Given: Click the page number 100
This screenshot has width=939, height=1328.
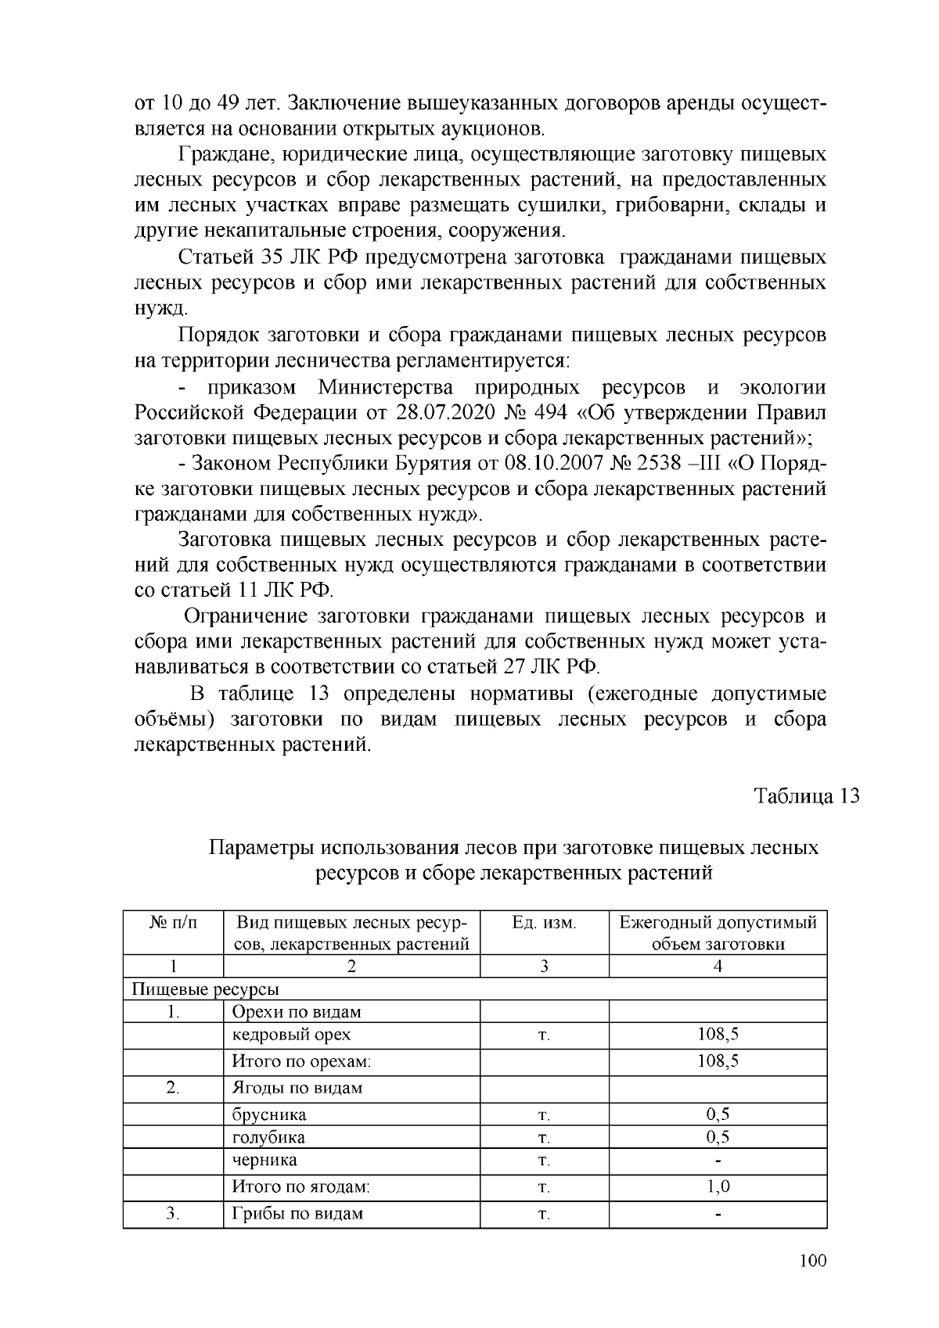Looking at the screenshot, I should (814, 1260).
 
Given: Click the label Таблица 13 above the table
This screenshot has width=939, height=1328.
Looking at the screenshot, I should (806, 796).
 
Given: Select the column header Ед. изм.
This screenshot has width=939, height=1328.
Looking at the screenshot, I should (544, 923).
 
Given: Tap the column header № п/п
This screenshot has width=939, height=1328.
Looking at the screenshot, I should (173, 923).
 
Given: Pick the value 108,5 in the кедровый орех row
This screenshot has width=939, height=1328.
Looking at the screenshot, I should (718, 1034).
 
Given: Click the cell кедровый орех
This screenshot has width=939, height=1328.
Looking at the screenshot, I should (292, 1034).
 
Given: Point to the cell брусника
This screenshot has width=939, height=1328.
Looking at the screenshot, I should (269, 1114).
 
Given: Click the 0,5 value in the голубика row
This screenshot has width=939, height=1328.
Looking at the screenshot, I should (718, 1137).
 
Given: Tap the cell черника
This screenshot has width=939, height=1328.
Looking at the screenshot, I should (264, 1160).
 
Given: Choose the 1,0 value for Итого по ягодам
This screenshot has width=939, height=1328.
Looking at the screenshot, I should (718, 1186).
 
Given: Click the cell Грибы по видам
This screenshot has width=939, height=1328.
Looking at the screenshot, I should (297, 1214).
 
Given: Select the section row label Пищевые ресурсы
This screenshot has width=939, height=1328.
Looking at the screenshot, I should (206, 989).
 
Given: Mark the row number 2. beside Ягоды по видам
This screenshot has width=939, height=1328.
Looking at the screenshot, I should (173, 1088).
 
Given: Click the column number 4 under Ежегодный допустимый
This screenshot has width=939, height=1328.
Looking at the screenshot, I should (718, 967).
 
